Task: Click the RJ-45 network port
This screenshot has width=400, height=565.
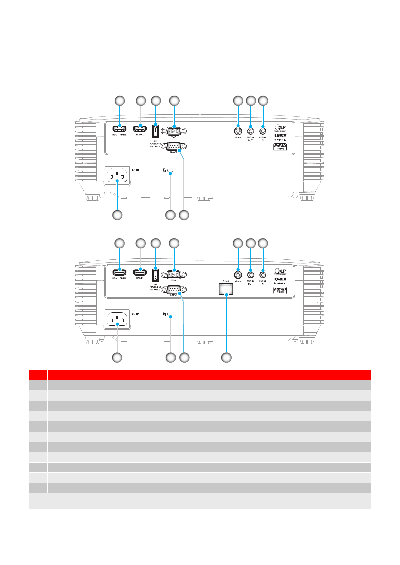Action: (227, 289)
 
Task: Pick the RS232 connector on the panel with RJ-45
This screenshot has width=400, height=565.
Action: (174, 289)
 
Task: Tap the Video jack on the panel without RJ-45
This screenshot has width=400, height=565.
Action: (238, 129)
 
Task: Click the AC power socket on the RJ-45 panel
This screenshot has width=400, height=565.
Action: (117, 319)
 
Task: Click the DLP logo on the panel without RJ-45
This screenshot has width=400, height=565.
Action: (280, 128)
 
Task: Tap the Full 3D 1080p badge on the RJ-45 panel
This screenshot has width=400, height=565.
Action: (280, 290)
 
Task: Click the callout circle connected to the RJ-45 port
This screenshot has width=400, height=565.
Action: (226, 357)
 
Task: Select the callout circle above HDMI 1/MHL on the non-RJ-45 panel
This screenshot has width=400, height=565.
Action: (120, 100)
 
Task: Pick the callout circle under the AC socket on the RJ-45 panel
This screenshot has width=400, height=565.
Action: (117, 357)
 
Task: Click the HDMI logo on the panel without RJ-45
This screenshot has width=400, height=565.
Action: (280, 135)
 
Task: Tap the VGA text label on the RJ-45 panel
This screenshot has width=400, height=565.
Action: (173, 281)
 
